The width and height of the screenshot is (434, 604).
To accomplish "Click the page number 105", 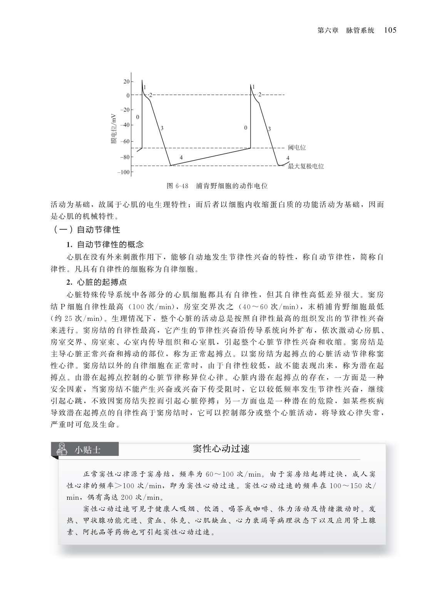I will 390,30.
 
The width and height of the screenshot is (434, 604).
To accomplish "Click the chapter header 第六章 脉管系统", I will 346,30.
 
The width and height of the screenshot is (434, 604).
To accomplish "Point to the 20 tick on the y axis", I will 127,82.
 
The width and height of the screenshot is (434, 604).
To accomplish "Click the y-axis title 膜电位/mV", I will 113,128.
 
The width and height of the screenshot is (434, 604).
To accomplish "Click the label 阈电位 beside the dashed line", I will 297,147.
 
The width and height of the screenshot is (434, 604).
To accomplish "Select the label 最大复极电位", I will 306,166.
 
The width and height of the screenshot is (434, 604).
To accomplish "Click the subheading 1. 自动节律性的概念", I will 105,244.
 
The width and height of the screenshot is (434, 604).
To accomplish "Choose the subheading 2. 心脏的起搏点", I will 96,282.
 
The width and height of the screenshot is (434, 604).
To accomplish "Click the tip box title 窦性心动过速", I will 221,449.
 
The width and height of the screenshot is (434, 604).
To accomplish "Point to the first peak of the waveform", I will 142,80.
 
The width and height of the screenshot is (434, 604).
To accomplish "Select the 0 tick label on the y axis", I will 128,95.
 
